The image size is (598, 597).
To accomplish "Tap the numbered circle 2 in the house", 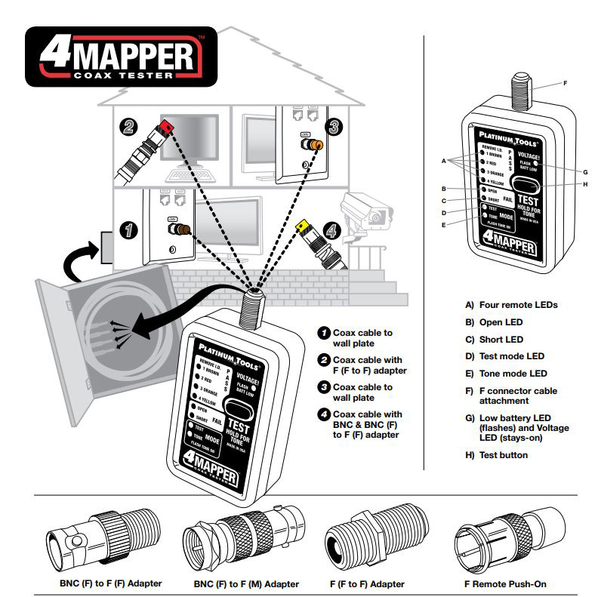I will coord(129,127).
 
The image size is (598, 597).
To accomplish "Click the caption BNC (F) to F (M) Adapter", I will coord(247,584).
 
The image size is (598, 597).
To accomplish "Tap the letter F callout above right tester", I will coord(565,82).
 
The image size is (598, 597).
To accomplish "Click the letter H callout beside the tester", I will coord(565,185).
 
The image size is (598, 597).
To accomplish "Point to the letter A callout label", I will coord(445,161).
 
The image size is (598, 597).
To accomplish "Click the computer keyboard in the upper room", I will coord(186,173).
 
